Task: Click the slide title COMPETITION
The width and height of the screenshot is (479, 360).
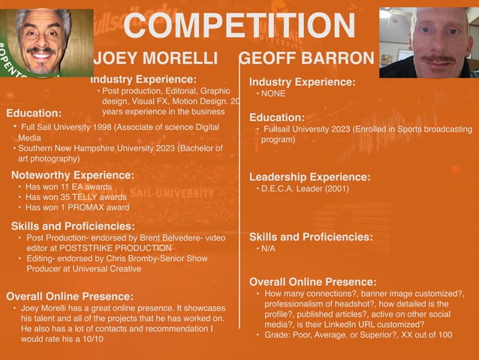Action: [239, 27]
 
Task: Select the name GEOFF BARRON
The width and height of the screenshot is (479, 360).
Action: [306, 59]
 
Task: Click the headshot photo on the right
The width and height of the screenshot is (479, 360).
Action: [429, 41]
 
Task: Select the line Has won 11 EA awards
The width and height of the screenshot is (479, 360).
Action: [68, 187]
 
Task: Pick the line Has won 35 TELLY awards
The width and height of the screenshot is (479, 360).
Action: [75, 198]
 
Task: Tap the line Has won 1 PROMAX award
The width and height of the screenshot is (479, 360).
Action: [77, 207]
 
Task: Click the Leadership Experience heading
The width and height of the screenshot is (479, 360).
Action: [309, 177]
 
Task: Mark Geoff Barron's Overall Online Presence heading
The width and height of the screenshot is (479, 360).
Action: [312, 282]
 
